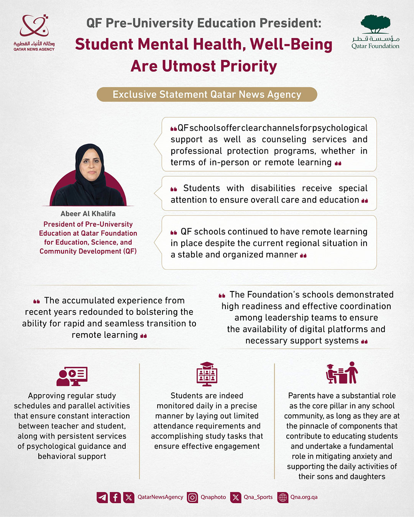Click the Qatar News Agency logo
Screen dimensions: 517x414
coord(34,32)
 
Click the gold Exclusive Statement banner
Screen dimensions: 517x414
coord(207,95)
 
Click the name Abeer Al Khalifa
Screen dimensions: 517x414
coord(88,214)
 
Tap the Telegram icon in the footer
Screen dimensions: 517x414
coord(102,497)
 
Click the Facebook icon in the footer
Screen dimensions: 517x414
coord(115,497)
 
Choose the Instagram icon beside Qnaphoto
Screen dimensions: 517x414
coord(192,497)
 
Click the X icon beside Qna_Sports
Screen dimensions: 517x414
coord(236,497)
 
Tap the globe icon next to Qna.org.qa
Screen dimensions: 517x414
coord(283,497)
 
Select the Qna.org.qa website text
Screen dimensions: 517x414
coord(304,497)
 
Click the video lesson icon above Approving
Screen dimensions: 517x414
coord(72,376)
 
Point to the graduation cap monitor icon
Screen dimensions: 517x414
coord(207,374)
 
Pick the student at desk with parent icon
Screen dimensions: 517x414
coord(342,373)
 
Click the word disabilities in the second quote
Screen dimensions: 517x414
coord(273,188)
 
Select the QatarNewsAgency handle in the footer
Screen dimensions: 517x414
coord(160,497)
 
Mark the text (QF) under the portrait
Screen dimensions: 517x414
coord(130,251)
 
